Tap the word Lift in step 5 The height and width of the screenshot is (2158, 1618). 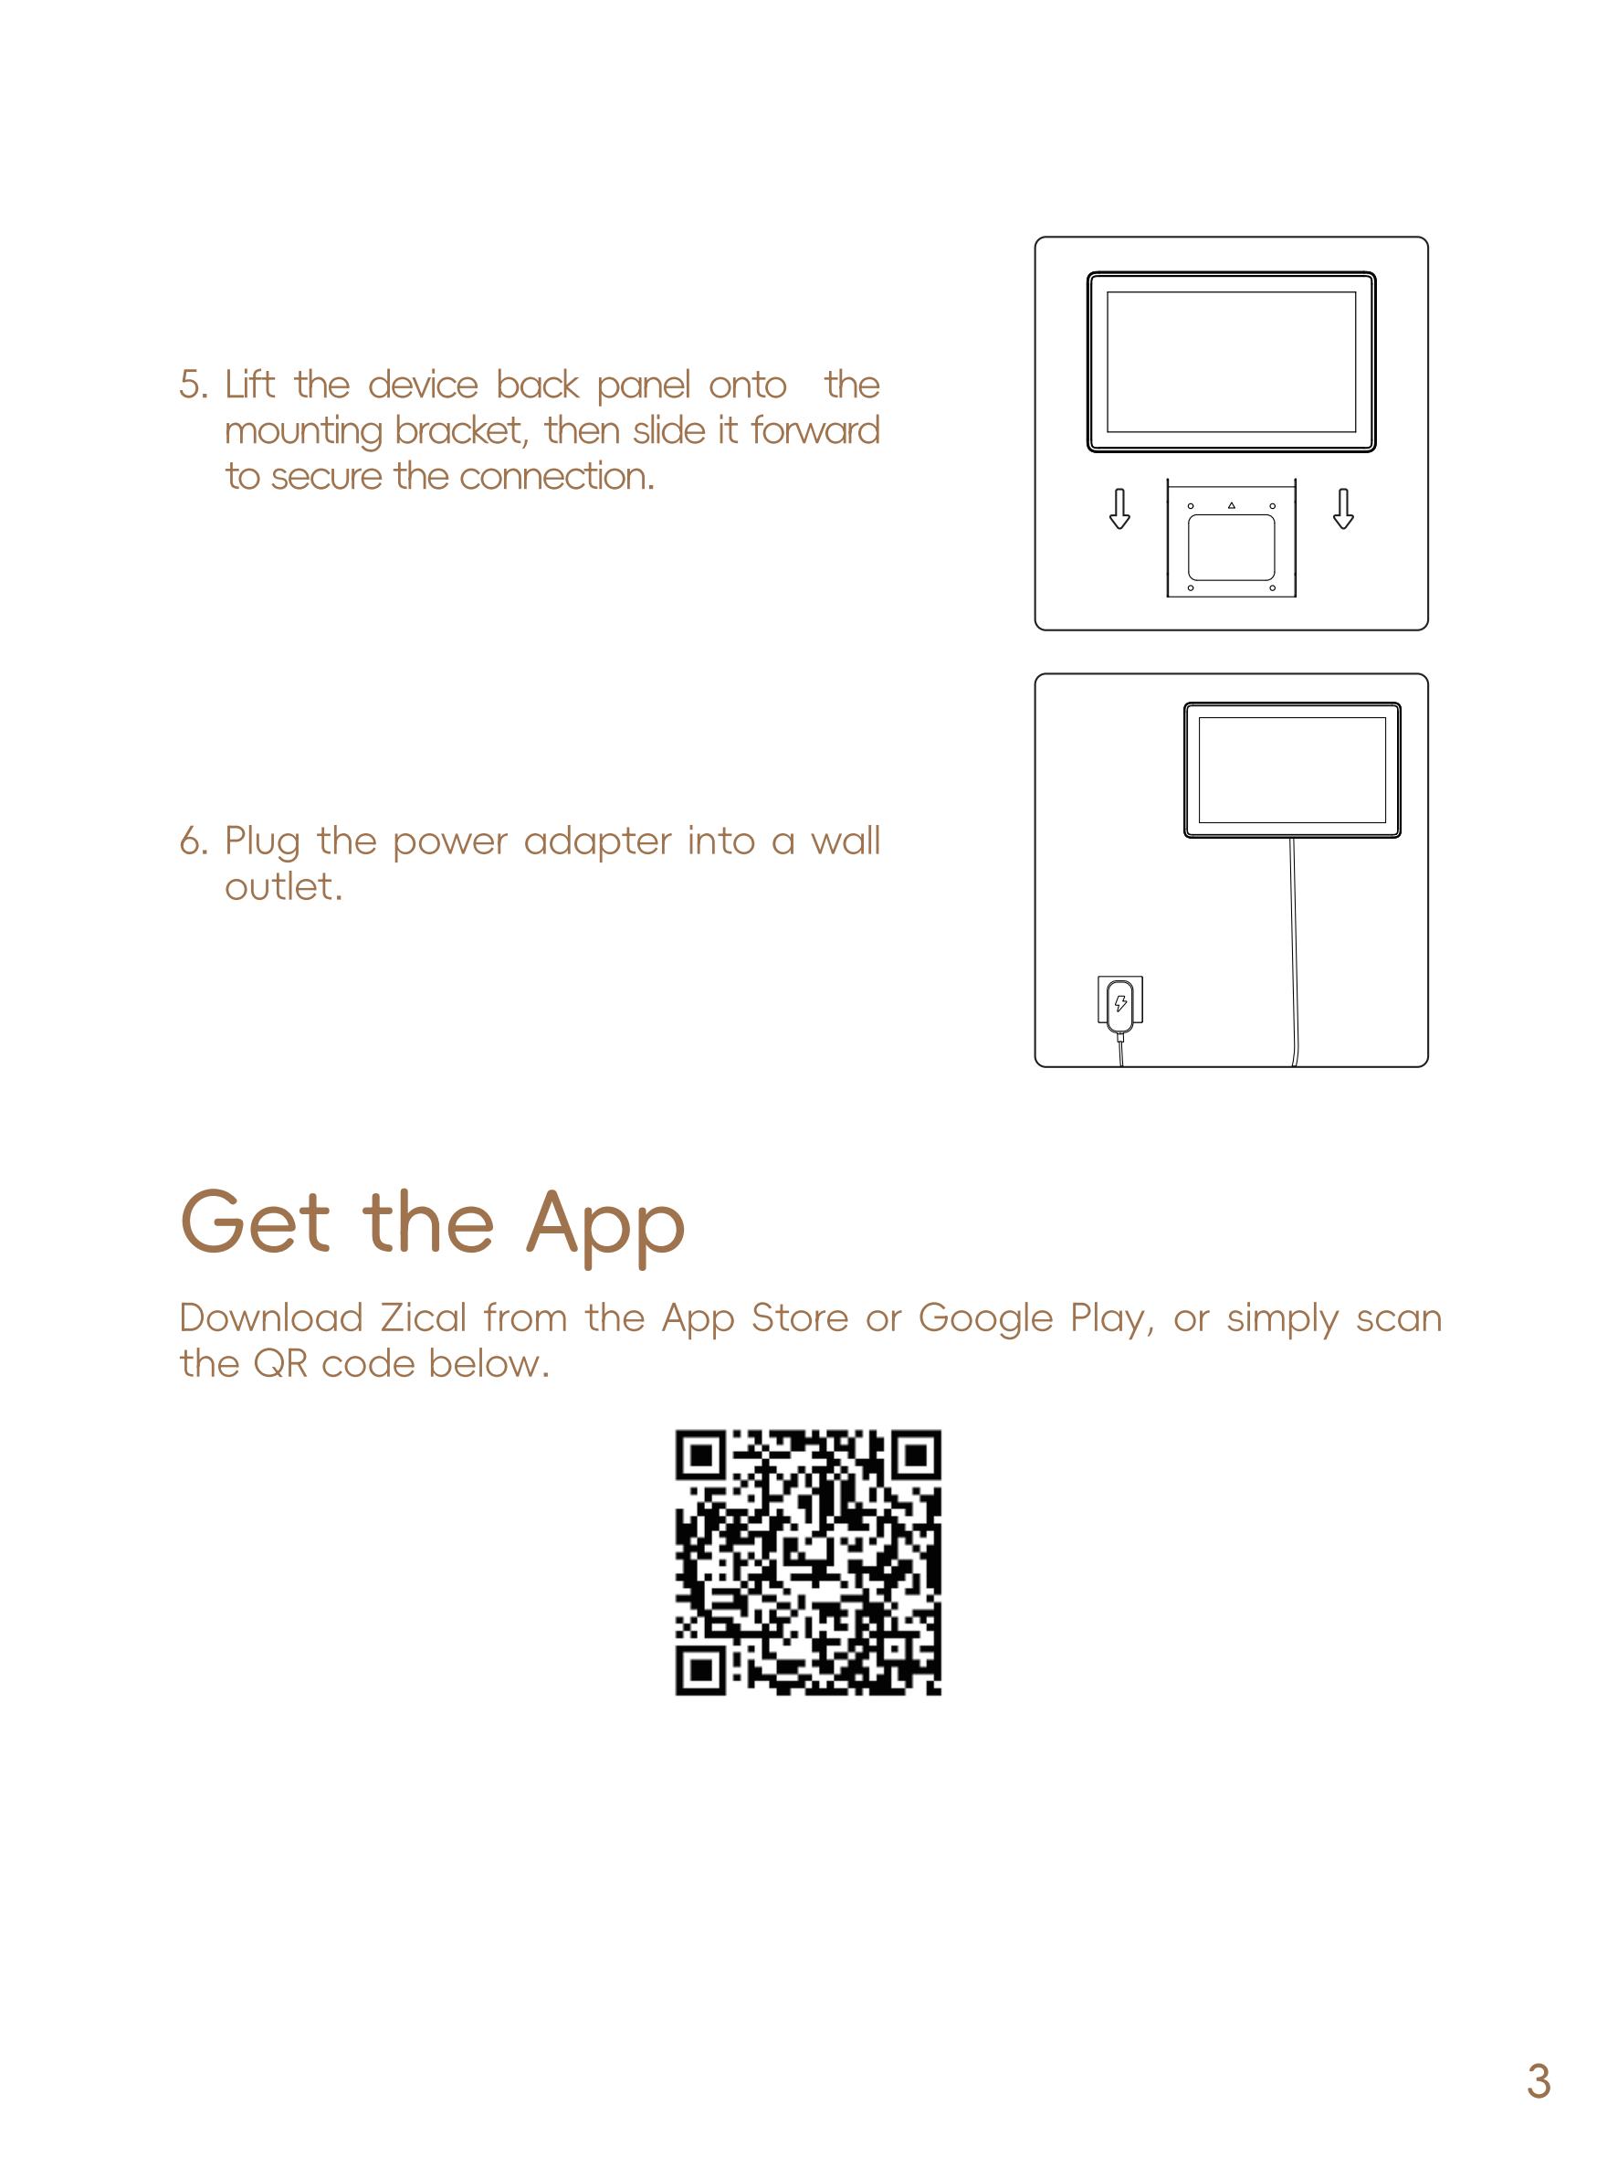click(x=249, y=385)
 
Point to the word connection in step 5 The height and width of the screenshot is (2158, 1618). click(x=557, y=477)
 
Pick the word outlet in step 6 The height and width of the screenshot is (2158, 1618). click(x=284, y=887)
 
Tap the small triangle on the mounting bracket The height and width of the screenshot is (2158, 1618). click(x=1232, y=505)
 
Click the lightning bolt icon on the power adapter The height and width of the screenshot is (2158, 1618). click(x=1121, y=1002)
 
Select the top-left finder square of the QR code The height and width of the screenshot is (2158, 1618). click(x=700, y=1456)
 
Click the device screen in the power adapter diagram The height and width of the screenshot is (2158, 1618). click(x=1292, y=770)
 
